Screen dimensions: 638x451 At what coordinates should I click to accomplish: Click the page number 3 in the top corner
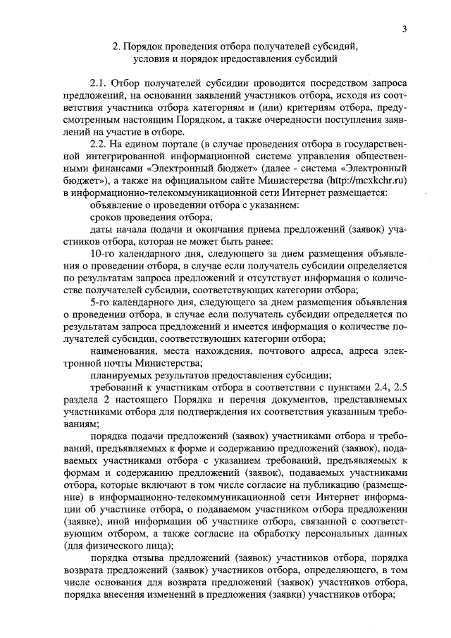point(404,29)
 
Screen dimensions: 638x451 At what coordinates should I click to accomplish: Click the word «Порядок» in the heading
point(152,46)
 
